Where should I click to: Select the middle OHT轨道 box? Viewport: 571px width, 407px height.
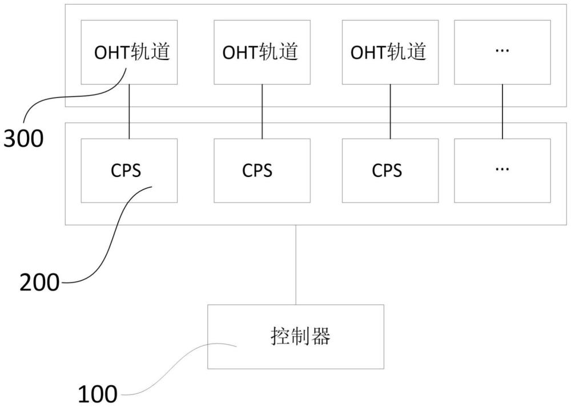(x=262, y=53)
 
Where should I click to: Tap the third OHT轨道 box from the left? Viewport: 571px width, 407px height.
(x=390, y=53)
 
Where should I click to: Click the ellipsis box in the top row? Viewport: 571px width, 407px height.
(x=502, y=53)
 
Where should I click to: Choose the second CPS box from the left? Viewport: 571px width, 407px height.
(x=262, y=170)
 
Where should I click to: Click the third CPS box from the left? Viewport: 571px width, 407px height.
(x=390, y=170)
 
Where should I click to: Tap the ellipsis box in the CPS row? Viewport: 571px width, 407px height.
(x=502, y=170)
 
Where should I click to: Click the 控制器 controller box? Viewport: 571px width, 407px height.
(x=295, y=336)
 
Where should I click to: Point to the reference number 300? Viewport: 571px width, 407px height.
(x=23, y=139)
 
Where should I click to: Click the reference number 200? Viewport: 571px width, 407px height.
(x=39, y=282)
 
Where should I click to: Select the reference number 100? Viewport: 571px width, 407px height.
(x=97, y=394)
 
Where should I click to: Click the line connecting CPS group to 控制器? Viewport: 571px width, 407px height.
(x=295, y=264)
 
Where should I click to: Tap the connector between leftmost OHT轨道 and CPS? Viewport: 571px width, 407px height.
(x=129, y=111)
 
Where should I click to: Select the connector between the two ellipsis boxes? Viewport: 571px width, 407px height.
(x=502, y=111)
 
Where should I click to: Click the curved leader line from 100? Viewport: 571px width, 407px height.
(x=171, y=371)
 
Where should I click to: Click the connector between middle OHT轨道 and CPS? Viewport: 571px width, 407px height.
(x=262, y=111)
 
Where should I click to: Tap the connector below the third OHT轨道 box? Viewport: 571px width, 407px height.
(x=390, y=111)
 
